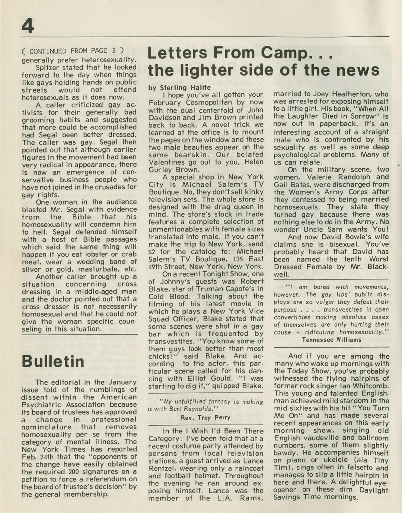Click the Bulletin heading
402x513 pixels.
pos(52,361)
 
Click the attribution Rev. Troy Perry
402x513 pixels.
pos(205,417)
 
